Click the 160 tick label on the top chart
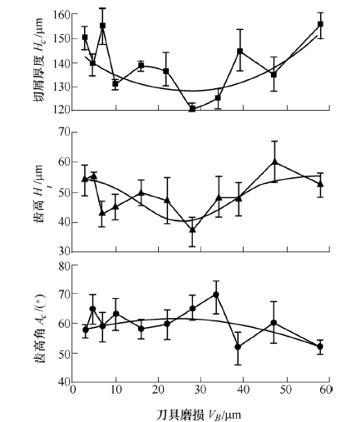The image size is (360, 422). pyautogui.click(x=62, y=14)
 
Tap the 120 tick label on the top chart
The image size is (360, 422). pyautogui.click(x=62, y=110)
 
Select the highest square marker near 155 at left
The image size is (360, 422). pyautogui.click(x=102, y=26)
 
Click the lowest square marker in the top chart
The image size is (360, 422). pyautogui.click(x=192, y=109)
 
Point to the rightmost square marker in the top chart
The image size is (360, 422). pyautogui.click(x=320, y=24)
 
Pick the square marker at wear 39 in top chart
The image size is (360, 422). pyautogui.click(x=240, y=51)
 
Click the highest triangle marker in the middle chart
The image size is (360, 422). pyautogui.click(x=274, y=162)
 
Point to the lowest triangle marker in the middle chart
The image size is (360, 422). pyautogui.click(x=192, y=230)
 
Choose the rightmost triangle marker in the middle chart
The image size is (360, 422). pyautogui.click(x=320, y=184)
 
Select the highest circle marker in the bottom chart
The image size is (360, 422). pyautogui.click(x=216, y=295)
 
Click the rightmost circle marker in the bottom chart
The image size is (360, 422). pyautogui.click(x=320, y=346)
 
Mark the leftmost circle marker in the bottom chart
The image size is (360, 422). pyautogui.click(x=86, y=330)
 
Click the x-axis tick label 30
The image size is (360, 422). pyautogui.click(x=200, y=390)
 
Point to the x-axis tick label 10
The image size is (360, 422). pyautogui.click(x=116, y=390)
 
